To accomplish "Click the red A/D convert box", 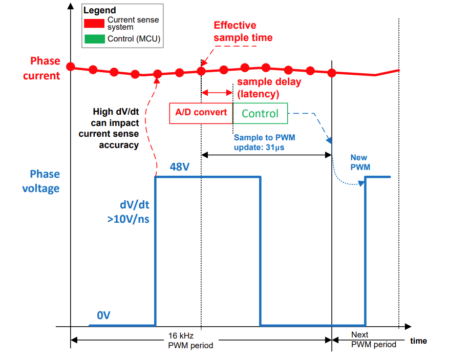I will coord(201,113).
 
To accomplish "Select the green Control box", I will coord(260,113).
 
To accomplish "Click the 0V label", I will coord(103,315).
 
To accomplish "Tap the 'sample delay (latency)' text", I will coord(269,88).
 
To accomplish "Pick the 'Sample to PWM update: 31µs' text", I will coord(264,142).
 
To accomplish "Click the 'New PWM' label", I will coord(359,162).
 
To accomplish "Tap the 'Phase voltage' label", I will coord(40,181).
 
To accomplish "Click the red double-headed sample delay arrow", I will coord(217,93).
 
